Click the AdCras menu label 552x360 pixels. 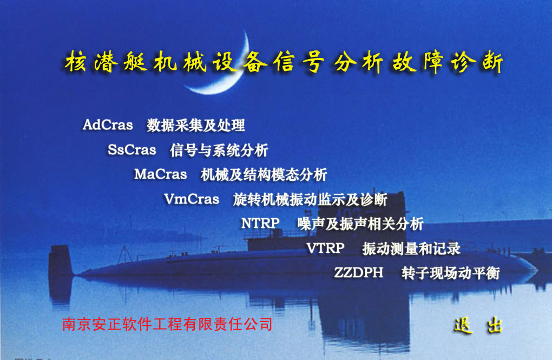click(x=108, y=125)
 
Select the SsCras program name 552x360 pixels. click(x=132, y=150)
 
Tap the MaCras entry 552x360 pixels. click(x=161, y=174)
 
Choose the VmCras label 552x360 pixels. click(x=192, y=199)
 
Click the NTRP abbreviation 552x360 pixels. click(x=260, y=223)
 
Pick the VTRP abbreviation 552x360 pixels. click(x=325, y=248)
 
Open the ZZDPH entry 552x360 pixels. click(x=358, y=272)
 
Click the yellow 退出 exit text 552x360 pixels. click(x=478, y=325)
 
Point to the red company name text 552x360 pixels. click(x=168, y=324)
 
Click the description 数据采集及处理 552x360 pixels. click(x=196, y=126)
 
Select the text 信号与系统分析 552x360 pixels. click(x=219, y=150)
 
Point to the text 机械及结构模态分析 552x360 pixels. click(x=264, y=175)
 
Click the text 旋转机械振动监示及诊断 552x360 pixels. click(x=310, y=200)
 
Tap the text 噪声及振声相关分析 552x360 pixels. click(x=360, y=224)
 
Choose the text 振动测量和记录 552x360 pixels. click(x=411, y=248)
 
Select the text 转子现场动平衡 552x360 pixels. click(x=451, y=273)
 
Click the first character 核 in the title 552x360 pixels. click(x=76, y=62)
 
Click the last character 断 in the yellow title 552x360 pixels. click(x=492, y=62)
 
